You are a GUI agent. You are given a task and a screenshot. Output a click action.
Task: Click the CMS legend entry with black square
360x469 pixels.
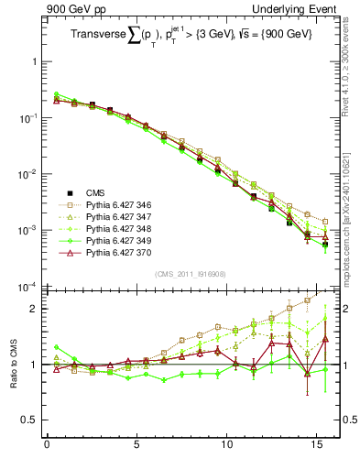coord(95,192)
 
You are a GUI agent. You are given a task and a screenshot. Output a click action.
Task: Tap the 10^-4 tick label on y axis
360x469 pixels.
coord(27,288)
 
